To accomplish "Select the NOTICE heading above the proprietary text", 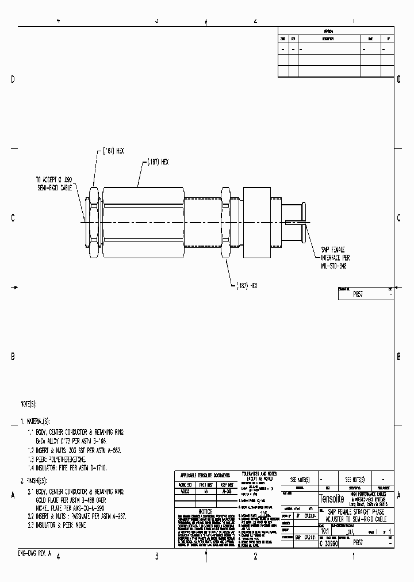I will click(x=205, y=511).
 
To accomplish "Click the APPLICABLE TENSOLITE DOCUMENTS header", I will click(x=205, y=476).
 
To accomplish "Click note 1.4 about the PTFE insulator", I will click(x=71, y=468).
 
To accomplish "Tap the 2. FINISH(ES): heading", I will click(x=34, y=480).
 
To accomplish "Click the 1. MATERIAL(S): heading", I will click(x=38, y=422).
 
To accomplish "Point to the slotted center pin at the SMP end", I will click(x=299, y=221).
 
